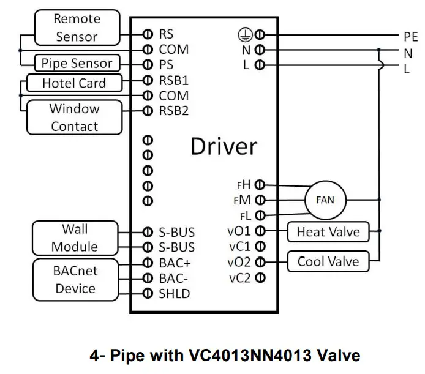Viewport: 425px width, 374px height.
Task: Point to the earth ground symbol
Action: [x=246, y=35]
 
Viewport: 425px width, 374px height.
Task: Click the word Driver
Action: [x=224, y=146]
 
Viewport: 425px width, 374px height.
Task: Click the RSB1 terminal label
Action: [x=173, y=80]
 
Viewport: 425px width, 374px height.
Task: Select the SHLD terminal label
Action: [x=175, y=294]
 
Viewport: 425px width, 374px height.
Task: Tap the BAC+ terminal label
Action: [x=175, y=263]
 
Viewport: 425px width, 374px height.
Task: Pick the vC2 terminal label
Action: [x=240, y=278]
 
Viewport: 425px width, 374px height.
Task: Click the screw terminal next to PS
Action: [x=148, y=64]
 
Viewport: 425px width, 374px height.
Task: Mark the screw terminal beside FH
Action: [x=260, y=185]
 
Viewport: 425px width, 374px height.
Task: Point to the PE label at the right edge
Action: [x=411, y=37]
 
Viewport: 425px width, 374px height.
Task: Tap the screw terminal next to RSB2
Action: [x=148, y=111]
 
